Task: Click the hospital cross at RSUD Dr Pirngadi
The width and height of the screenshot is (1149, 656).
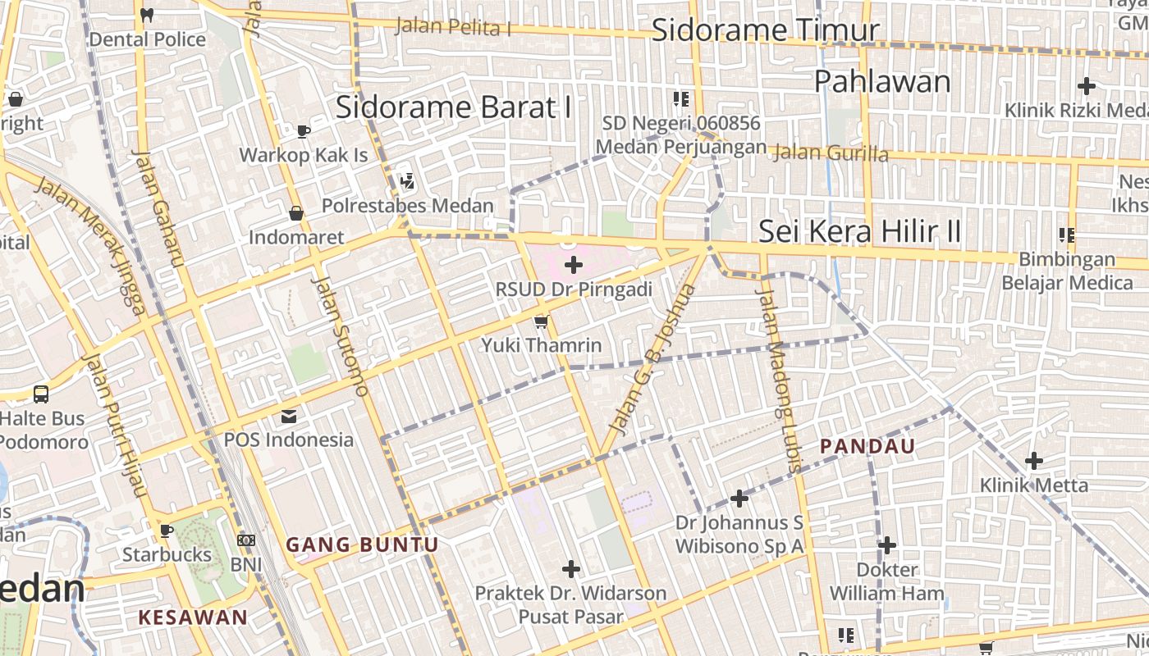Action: pyautogui.click(x=574, y=265)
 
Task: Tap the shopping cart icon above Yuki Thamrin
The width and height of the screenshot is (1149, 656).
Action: pyautogui.click(x=541, y=321)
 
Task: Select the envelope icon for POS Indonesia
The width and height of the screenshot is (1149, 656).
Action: pyautogui.click(x=289, y=417)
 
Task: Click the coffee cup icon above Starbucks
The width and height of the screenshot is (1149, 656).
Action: pyautogui.click(x=167, y=531)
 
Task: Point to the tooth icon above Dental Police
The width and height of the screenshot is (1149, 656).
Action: pyautogui.click(x=148, y=14)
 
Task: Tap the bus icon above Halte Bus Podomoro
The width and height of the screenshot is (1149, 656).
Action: pyautogui.click(x=41, y=394)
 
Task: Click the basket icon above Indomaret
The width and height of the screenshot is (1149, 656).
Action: pyautogui.click(x=296, y=214)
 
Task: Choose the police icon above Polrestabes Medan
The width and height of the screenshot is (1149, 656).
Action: pyautogui.click(x=406, y=181)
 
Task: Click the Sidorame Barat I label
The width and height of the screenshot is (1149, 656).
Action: pyautogui.click(x=453, y=107)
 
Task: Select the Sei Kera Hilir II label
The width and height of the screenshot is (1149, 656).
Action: pyautogui.click(x=859, y=231)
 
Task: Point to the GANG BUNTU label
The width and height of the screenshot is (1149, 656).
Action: pyautogui.click(x=362, y=544)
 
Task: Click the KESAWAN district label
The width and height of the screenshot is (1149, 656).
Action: pyautogui.click(x=193, y=617)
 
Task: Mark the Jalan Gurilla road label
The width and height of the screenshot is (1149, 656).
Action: pyautogui.click(x=831, y=153)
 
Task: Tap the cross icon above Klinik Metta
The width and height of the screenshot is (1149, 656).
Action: pyautogui.click(x=1034, y=461)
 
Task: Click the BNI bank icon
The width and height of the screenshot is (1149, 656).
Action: pyautogui.click(x=246, y=540)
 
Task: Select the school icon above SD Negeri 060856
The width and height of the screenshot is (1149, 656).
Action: pyautogui.click(x=680, y=99)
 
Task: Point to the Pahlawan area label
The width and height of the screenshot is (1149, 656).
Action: pyautogui.click(x=882, y=81)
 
